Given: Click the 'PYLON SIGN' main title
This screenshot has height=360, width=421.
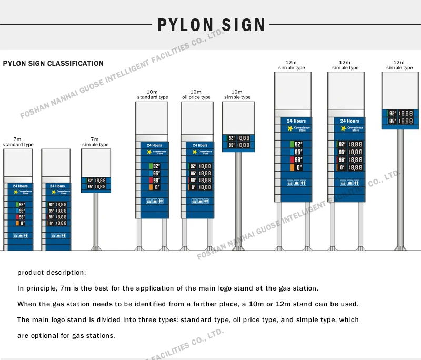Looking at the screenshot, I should pyautogui.click(x=212, y=25).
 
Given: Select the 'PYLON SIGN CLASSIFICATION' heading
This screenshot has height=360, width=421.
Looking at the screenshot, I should pyautogui.click(x=53, y=64).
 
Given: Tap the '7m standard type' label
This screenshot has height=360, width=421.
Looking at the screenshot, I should pyautogui.click(x=18, y=142).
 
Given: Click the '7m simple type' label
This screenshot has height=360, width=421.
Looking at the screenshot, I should pyautogui.click(x=95, y=142).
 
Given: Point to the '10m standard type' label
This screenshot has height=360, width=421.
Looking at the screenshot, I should pyautogui.click(x=153, y=95).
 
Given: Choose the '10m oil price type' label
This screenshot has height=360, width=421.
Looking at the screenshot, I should pyautogui.click(x=196, y=95).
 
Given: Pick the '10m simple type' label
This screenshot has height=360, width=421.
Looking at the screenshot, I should pyautogui.click(x=237, y=95).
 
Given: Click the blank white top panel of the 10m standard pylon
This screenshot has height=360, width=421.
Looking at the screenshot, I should pyautogui.click(x=153, y=118).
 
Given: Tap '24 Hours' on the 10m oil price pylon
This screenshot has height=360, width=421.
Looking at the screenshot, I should pyautogui.click(x=200, y=145).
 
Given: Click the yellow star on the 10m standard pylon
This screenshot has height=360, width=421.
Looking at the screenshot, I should pyautogui.click(x=149, y=152).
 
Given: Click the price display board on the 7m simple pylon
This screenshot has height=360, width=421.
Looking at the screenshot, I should pyautogui.click(x=96, y=184).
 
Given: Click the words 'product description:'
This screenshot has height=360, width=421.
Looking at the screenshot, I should pyautogui.click(x=51, y=273).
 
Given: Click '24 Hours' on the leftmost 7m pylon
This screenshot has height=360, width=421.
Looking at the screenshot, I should pyautogui.click(x=20, y=186).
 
